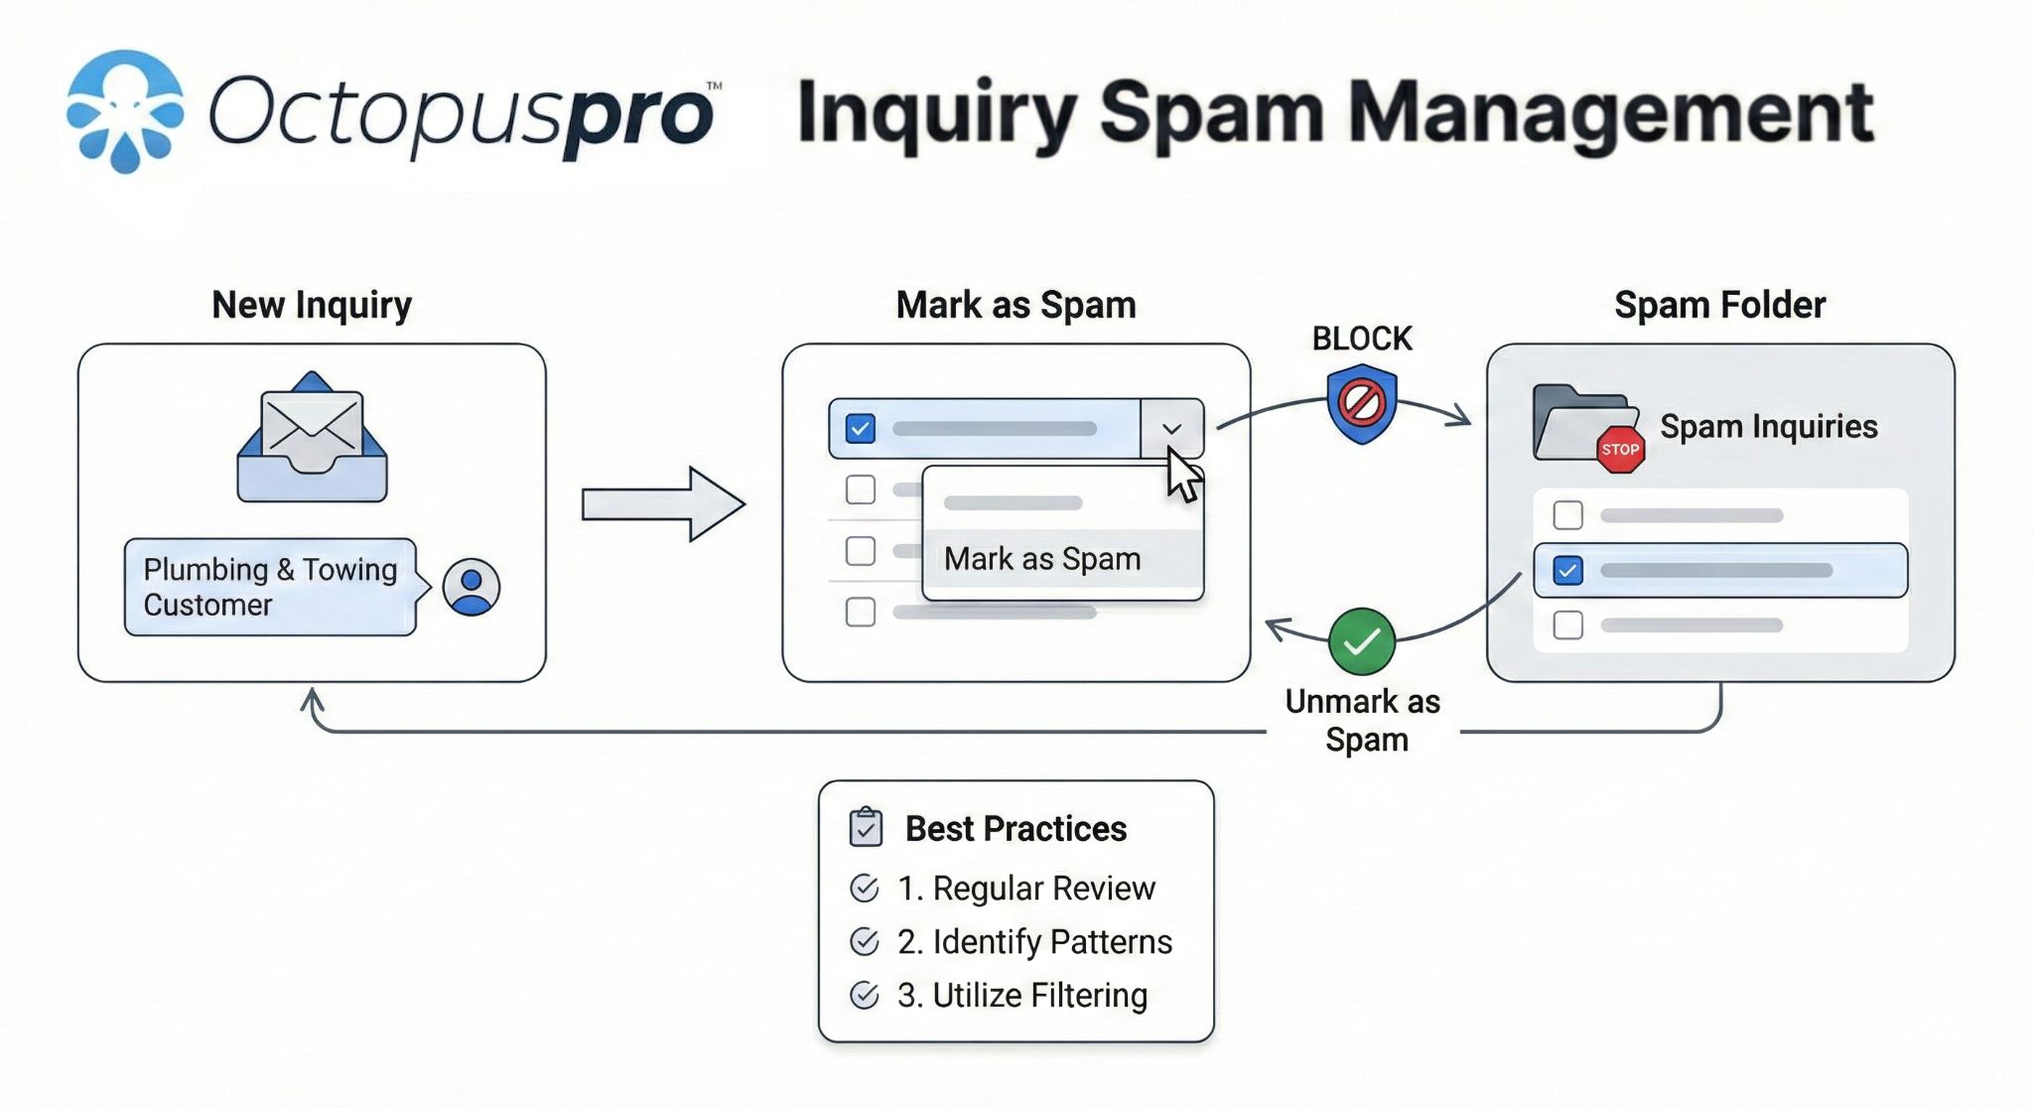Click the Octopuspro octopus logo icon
coord(125,111)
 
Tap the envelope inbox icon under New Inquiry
coord(312,438)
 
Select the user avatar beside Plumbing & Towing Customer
coord(471,586)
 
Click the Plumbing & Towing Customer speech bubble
coord(270,587)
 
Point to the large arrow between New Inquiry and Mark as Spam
coord(662,504)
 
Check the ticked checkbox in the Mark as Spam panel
coord(860,429)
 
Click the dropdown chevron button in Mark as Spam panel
coord(1171,429)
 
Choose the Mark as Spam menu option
coord(1042,559)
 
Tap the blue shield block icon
coord(1362,403)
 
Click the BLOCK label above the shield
coord(1362,339)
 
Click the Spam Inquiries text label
coord(1768,427)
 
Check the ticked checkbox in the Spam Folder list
coord(1567,571)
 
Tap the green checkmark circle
coord(1362,641)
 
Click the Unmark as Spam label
coord(1363,720)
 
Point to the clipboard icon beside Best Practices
coord(866,827)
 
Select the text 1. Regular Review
coord(1026,888)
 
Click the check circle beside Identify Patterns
coord(865,941)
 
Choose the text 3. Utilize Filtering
coord(1022,995)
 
